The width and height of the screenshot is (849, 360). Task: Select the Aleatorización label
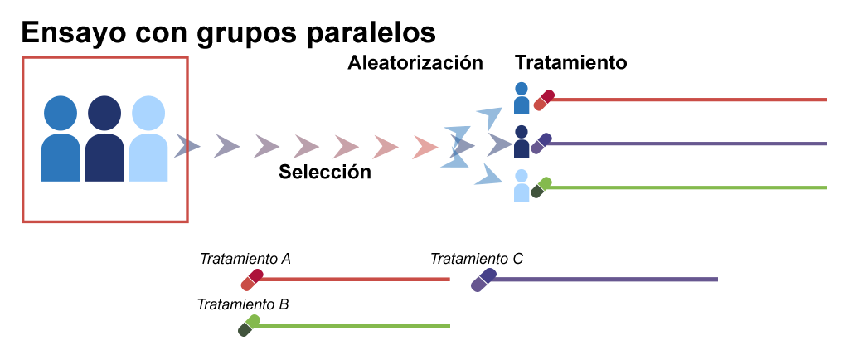(415, 63)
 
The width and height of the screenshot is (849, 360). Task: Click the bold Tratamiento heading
(570, 63)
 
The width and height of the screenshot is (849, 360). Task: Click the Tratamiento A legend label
(245, 259)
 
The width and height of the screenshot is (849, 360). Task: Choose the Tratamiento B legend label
(243, 304)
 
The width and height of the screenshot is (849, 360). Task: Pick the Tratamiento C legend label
(477, 259)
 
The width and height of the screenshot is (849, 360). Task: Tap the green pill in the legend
(249, 325)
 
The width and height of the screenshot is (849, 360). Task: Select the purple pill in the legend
(483, 280)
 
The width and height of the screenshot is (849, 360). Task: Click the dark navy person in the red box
(104, 138)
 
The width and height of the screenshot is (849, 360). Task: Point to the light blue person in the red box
(148, 138)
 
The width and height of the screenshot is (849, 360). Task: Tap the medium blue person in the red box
(61, 138)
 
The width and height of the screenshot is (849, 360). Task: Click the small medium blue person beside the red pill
(522, 98)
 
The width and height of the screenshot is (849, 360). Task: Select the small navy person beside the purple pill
(522, 142)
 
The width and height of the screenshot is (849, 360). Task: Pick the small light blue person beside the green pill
(522, 186)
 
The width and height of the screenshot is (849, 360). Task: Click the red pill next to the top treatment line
(544, 100)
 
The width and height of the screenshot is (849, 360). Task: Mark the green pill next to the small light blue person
(541, 187)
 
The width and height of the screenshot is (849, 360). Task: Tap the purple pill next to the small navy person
(541, 144)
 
